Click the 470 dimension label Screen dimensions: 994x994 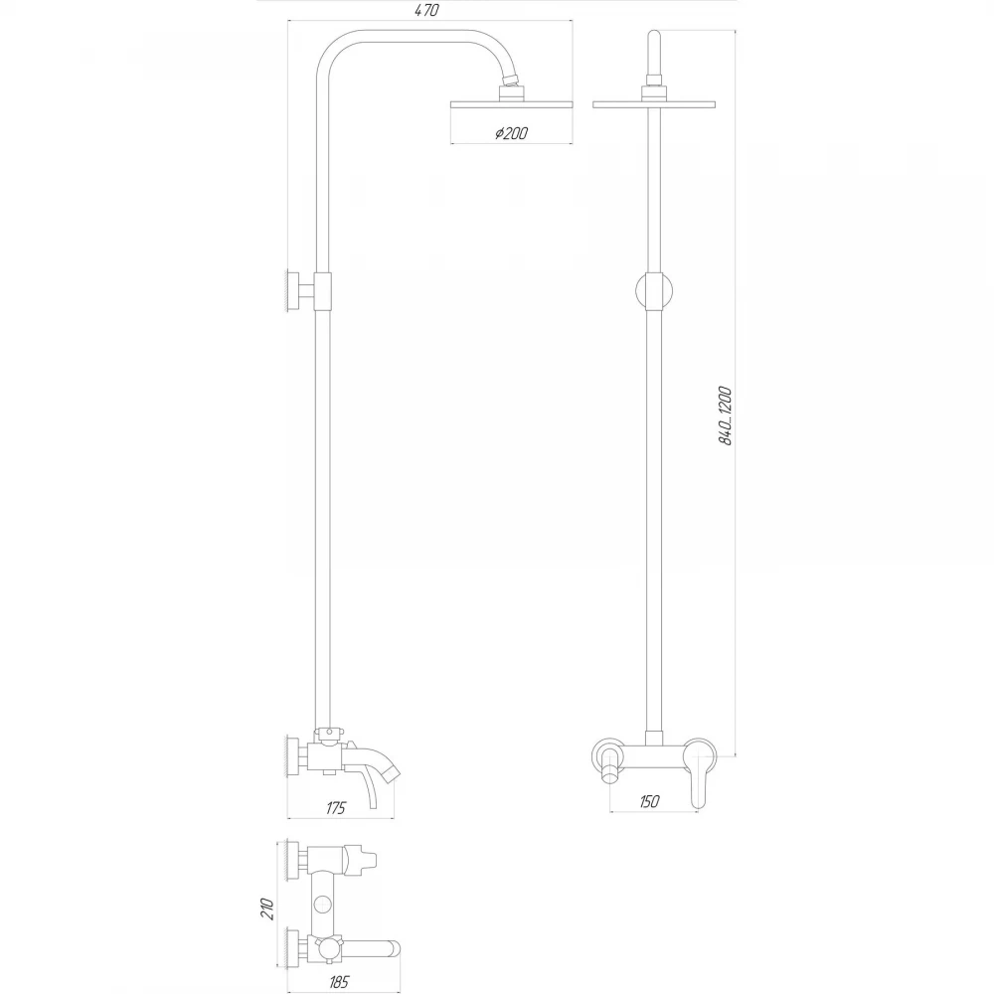click(427, 11)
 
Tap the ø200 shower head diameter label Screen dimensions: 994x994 click(511, 133)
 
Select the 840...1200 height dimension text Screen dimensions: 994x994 click(726, 415)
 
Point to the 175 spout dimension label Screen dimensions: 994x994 click(336, 807)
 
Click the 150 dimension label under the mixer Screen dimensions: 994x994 click(648, 801)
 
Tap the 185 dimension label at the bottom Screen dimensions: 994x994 click(339, 982)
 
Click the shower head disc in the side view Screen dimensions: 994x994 click(512, 104)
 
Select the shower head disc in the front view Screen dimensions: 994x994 click(654, 104)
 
